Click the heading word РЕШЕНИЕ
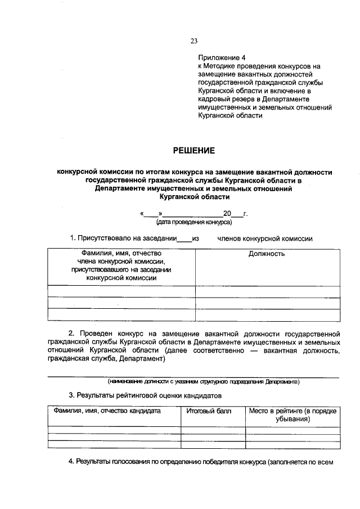193,150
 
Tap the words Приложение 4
222,58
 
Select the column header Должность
267,254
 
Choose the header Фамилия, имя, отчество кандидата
107,411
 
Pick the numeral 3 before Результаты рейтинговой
71,395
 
